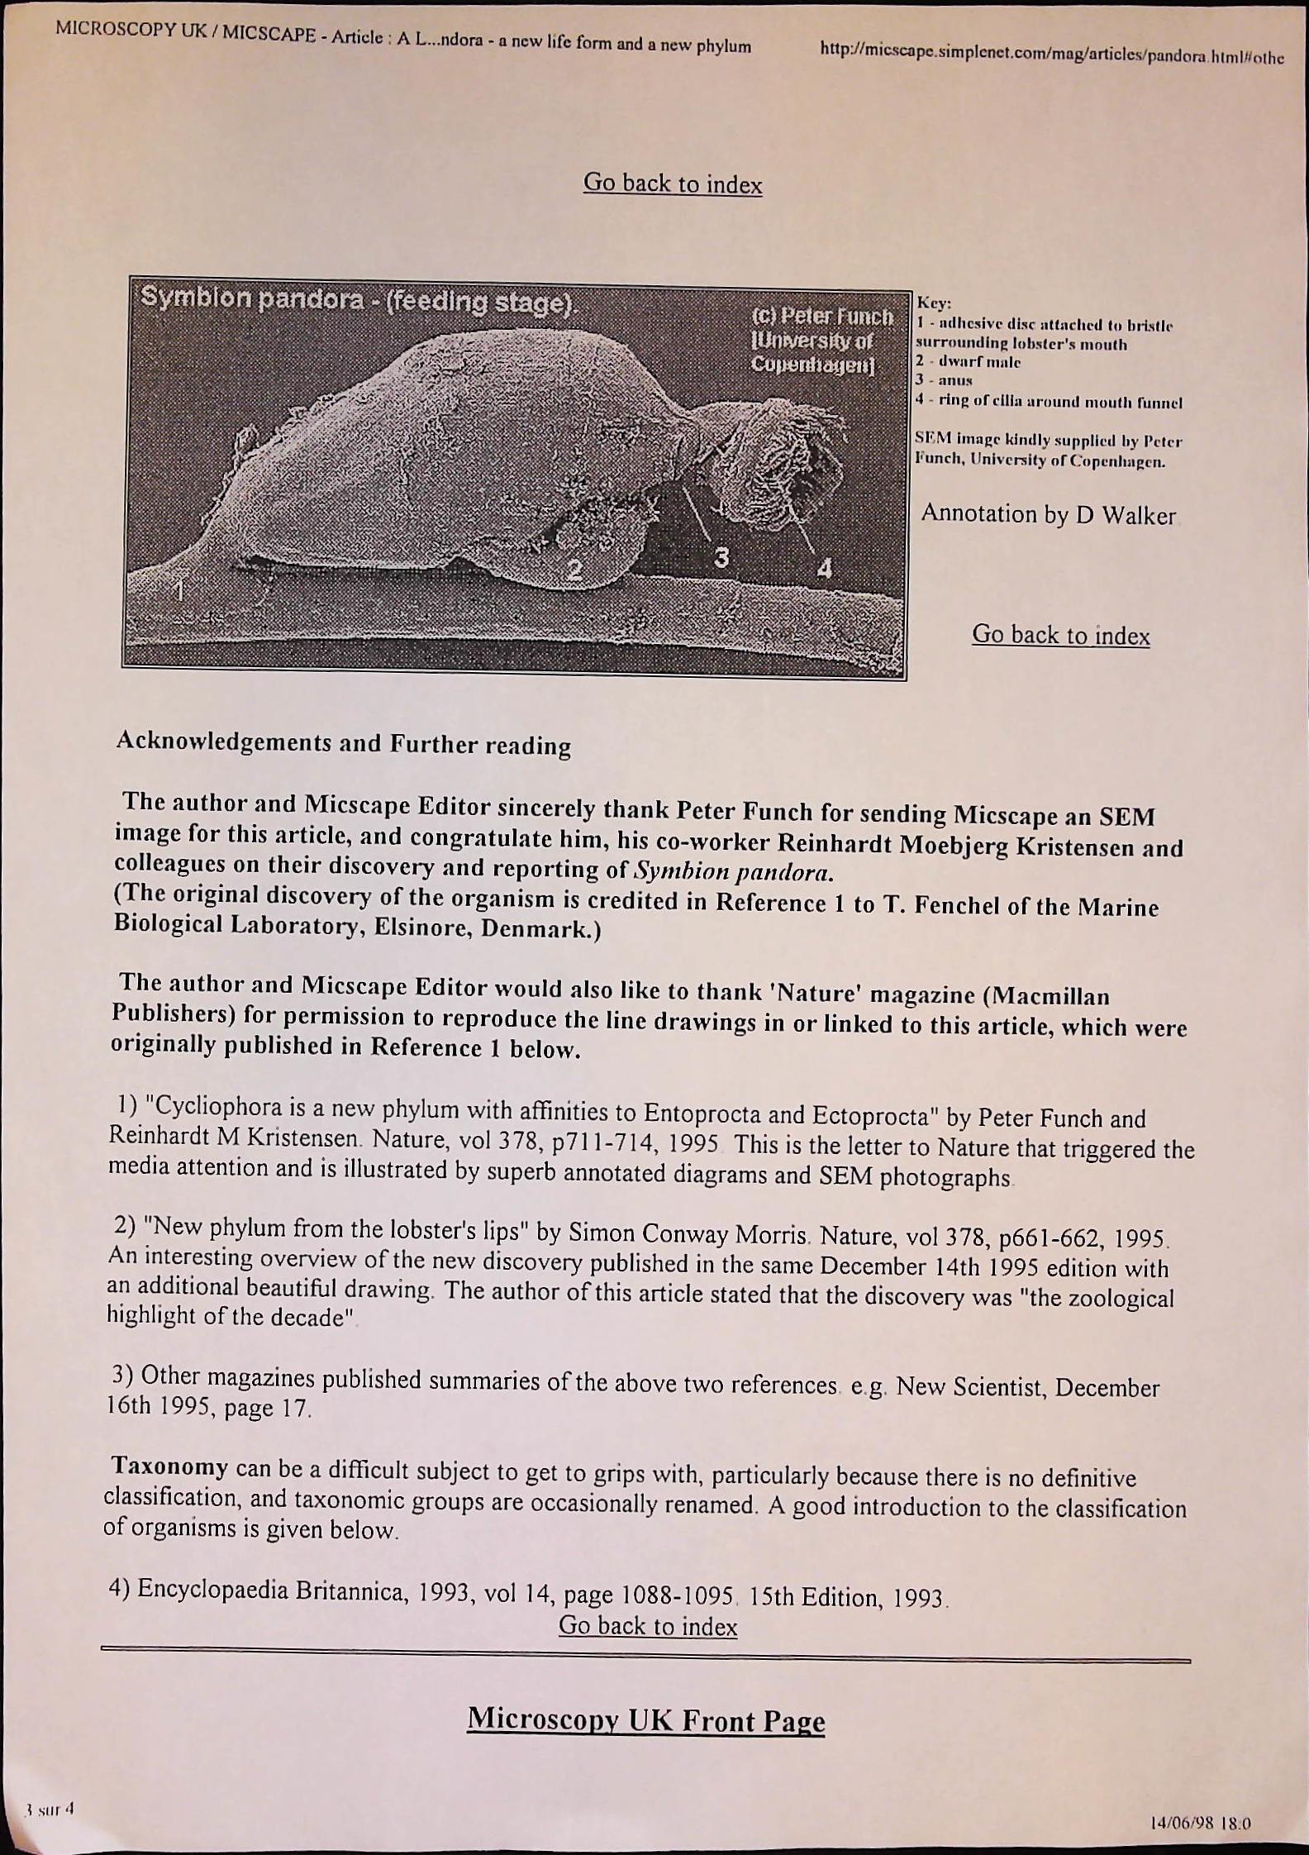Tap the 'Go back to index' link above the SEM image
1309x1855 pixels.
pyautogui.click(x=673, y=183)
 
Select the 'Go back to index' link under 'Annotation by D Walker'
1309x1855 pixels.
pyautogui.click(x=1060, y=635)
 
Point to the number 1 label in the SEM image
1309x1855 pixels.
pyautogui.click(x=178, y=590)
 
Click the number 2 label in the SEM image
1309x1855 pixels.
pyautogui.click(x=574, y=570)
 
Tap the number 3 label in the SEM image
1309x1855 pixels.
pyautogui.click(x=721, y=559)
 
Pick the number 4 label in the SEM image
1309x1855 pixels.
pyautogui.click(x=824, y=568)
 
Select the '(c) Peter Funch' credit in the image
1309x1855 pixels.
pyautogui.click(x=822, y=317)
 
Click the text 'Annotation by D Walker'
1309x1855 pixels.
pyautogui.click(x=1048, y=514)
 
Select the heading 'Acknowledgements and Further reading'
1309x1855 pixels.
pyautogui.click(x=343, y=742)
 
